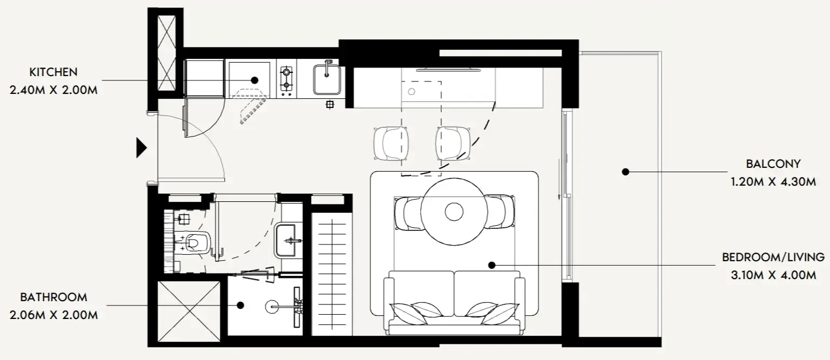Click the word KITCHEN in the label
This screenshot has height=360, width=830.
[53, 72]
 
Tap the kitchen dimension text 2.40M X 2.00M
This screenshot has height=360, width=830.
[53, 90]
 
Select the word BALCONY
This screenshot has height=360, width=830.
[773, 164]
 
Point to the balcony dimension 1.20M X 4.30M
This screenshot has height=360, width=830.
[773, 182]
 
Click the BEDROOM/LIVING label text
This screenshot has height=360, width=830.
[773, 257]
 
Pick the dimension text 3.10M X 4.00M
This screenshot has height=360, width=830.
[773, 275]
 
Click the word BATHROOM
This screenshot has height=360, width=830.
[53, 297]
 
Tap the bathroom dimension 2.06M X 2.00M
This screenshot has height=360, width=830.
[53, 315]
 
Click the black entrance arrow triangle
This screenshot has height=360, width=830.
[141, 148]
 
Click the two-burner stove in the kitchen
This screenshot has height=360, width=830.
[286, 78]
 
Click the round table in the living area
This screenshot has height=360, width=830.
[454, 212]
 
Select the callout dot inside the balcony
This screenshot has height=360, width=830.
[625, 172]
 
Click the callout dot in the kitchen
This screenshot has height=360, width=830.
[254, 80]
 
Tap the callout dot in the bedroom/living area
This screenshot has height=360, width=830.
[492, 265]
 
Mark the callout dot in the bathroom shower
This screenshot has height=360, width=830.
[240, 305]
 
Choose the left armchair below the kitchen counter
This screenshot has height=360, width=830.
[391, 144]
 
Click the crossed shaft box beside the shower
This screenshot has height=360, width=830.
[189, 311]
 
